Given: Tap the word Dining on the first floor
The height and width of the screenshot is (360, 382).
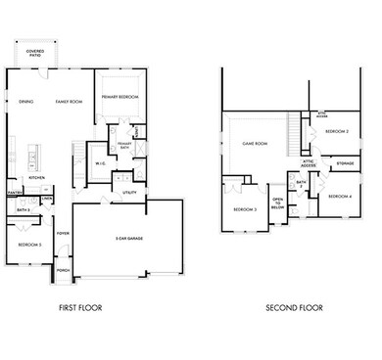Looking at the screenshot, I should [27, 101].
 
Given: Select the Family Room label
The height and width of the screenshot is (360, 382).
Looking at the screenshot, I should [69, 101].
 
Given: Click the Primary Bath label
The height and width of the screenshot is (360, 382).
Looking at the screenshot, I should [125, 147].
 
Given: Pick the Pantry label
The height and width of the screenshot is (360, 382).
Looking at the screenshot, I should [16, 194].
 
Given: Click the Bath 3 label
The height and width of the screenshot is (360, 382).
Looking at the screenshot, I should [22, 209].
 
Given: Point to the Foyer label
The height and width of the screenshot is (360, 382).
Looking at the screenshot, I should [62, 234].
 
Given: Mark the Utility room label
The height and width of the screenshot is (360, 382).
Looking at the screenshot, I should [128, 194].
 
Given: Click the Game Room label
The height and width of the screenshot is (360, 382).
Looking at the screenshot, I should [255, 144].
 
